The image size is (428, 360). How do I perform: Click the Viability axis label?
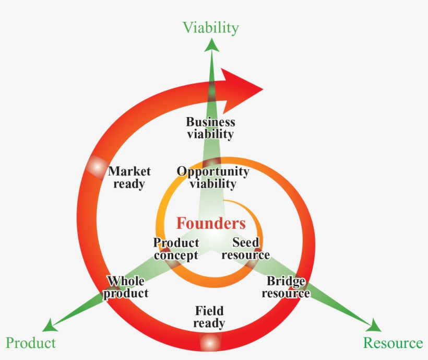click(211, 27)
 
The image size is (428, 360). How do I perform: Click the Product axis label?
click(30, 343)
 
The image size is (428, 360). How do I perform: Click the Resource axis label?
click(393, 343)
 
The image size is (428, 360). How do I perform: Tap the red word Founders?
click(211, 223)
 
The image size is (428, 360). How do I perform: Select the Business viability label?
click(210, 127)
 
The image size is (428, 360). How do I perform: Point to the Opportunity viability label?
click(212, 177)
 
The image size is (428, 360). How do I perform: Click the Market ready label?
click(129, 177)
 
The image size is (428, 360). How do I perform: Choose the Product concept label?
click(176, 249)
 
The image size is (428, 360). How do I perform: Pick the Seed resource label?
click(245, 249)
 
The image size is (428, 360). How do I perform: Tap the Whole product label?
click(126, 287)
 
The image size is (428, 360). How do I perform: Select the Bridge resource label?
click(286, 287)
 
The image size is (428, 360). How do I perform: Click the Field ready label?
click(209, 317)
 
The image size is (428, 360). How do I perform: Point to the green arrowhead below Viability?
click(211, 45)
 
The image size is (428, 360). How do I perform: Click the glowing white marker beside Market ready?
click(96, 166)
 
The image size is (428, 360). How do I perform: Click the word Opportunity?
click(212, 171)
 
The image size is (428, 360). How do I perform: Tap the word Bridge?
click(286, 281)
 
